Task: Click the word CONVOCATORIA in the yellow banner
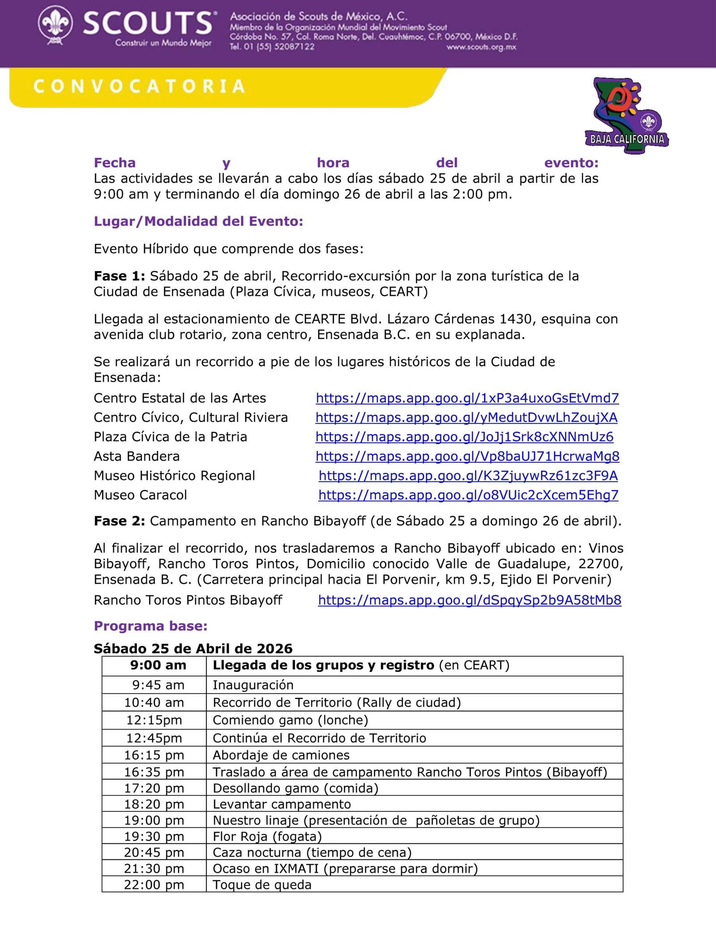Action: coord(139,86)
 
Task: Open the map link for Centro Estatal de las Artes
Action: coord(467,398)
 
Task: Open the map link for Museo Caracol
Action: coord(468,495)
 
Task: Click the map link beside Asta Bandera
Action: coord(467,456)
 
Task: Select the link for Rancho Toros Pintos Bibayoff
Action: coord(469,600)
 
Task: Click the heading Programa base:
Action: coord(150,626)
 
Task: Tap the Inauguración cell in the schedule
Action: coord(253,685)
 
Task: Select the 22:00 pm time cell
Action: coord(154,884)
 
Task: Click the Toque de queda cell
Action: coord(262,884)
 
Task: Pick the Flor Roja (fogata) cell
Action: coord(267,836)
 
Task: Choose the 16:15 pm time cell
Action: coord(154,755)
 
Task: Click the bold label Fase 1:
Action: coord(119,276)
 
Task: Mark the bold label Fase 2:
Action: coord(119,521)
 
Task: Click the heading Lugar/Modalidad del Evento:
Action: coord(198,221)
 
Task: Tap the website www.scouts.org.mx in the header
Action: coord(481,47)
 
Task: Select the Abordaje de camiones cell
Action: coord(281,755)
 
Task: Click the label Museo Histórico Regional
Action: coord(174,475)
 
